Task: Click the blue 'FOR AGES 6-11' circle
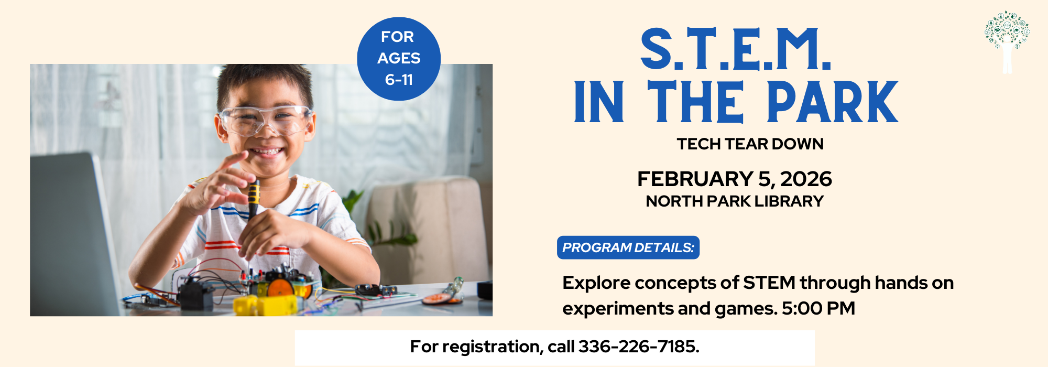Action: (x=399, y=59)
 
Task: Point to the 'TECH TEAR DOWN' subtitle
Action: (x=750, y=144)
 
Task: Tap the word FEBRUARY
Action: (x=695, y=179)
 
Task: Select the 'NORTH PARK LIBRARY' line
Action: (x=735, y=201)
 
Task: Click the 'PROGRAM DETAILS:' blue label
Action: (x=628, y=247)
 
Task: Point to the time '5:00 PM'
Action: (x=818, y=308)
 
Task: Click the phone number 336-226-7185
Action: (x=638, y=347)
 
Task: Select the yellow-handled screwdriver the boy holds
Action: (x=254, y=202)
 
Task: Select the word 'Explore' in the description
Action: (x=596, y=283)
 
